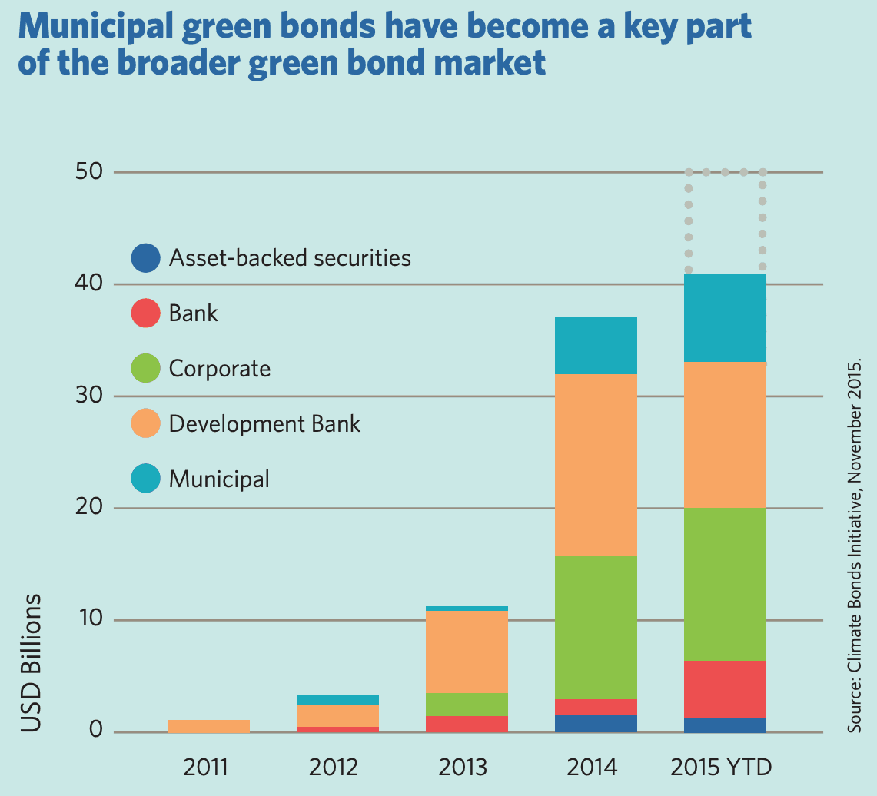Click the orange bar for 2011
[208, 726]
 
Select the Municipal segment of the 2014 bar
[596, 345]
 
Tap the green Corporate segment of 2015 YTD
[725, 584]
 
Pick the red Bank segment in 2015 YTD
[725, 689]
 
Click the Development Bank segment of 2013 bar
[467, 652]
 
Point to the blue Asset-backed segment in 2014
[596, 724]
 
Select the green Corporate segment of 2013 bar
[467, 705]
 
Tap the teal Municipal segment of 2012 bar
[337, 700]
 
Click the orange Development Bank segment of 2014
[596, 465]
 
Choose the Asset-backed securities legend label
[290, 257]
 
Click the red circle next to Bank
[146, 313]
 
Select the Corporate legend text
[220, 369]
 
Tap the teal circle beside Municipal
[146, 479]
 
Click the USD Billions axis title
[31, 662]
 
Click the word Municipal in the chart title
[93, 29]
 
